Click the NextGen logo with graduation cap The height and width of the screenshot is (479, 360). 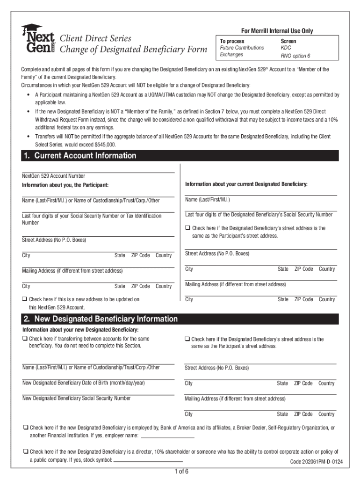pos(38,39)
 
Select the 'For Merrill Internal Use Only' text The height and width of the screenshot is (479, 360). pos(277,31)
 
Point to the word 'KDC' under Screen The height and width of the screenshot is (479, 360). pos(286,48)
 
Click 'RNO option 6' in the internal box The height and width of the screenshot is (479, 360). pos(295,56)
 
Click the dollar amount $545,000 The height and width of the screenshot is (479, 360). pos(105,145)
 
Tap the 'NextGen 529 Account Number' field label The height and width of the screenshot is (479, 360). pos(53,176)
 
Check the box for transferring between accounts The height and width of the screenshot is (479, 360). pos(24,339)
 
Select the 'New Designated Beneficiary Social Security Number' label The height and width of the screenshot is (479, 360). pos(77,399)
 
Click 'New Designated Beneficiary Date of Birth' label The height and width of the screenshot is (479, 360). pos(84,383)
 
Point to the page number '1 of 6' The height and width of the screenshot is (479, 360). pos(180,471)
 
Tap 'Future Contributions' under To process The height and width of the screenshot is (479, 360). pos(242,48)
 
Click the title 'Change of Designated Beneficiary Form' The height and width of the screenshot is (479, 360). pos(134,50)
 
